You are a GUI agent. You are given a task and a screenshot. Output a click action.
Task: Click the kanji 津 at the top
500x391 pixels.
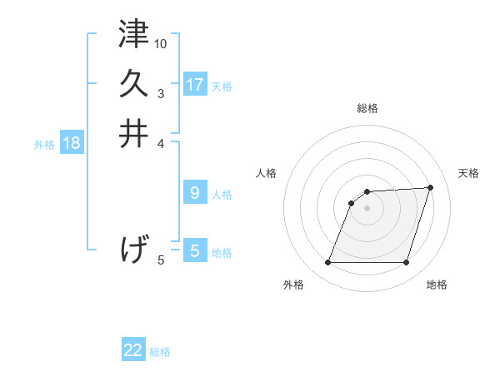point(134,34)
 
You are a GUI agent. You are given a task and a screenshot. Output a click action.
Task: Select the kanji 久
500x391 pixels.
point(134,83)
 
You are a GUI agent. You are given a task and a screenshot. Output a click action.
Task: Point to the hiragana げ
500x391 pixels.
point(134,249)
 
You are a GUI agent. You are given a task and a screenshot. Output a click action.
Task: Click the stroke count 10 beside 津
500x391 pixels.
point(161,43)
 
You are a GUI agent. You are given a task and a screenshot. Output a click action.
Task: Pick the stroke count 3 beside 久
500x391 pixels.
point(161,93)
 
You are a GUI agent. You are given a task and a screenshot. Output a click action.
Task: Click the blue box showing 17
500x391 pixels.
point(194,85)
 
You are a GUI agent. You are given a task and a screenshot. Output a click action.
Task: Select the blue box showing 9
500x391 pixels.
point(194,193)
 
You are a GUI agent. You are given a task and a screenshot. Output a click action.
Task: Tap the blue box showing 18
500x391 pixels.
point(71,143)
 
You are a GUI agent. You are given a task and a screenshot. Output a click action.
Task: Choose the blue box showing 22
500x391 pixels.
point(133,350)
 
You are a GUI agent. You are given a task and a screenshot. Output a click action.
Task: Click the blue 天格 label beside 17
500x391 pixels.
point(222,86)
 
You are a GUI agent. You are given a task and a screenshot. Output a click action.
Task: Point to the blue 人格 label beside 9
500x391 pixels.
point(222,195)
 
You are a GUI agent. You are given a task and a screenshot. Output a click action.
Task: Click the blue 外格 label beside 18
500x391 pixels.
point(44,144)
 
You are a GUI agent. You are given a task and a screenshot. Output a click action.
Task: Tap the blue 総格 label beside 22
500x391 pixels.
point(160,352)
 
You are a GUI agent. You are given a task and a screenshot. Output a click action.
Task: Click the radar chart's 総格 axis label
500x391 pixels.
point(367,108)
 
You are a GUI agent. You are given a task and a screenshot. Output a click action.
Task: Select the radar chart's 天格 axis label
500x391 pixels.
point(469,173)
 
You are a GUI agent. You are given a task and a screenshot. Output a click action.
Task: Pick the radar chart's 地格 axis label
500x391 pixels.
point(437,285)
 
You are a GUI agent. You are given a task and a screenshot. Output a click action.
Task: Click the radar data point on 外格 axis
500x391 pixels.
point(327,263)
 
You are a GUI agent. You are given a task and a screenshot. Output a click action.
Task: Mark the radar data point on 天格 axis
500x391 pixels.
point(431,187)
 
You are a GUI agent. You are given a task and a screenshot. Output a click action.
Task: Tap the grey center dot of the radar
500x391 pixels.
point(367,208)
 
